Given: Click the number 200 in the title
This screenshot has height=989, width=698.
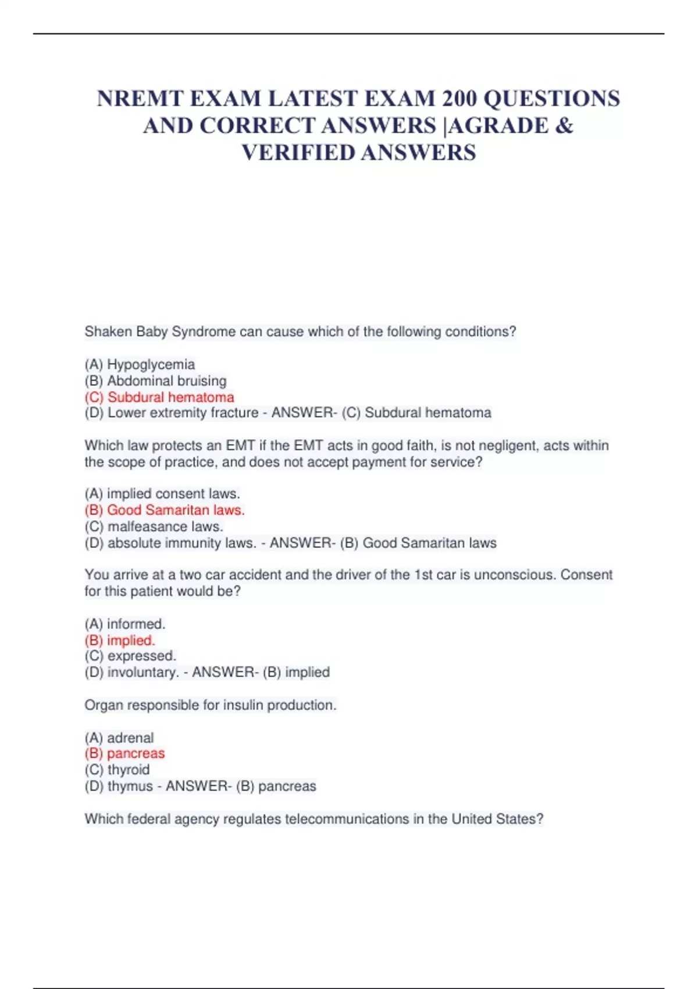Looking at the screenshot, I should (460, 98).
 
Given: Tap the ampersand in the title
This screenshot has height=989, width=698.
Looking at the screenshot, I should (564, 126).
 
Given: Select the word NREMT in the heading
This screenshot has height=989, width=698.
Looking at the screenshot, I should (138, 98).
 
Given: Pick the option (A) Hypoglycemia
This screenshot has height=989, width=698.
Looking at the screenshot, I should (140, 365).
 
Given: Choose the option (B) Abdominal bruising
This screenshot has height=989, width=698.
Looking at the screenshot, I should (155, 381).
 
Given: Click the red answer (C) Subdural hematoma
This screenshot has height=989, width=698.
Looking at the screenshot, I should (159, 397).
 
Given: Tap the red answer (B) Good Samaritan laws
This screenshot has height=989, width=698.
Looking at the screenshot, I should (165, 510).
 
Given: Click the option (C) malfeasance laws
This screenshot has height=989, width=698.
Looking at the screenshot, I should (154, 526).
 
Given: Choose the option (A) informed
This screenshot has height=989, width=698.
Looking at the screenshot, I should (125, 624).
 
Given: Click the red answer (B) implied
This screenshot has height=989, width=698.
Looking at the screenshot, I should (120, 641).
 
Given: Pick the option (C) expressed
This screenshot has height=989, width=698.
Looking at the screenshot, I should (130, 656).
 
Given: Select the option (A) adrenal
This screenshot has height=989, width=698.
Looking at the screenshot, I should (119, 738).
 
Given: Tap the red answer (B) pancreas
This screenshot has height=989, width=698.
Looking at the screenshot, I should (124, 753).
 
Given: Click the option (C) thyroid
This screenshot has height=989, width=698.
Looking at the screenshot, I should (117, 770).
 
